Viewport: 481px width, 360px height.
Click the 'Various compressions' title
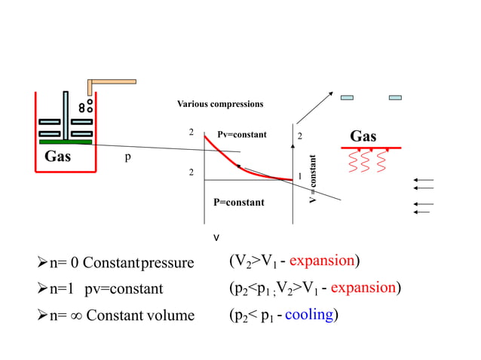pos(220,103)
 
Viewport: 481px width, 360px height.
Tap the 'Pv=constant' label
pos(241,135)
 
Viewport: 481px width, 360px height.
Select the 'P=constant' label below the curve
pos(239,202)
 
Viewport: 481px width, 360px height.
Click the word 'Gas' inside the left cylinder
pos(57,157)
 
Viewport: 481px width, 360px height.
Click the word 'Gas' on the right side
pos(363,136)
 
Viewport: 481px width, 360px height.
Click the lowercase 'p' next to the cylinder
pos(128,159)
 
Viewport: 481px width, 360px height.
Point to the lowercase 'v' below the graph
pos(217,238)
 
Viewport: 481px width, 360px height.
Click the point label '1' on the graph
pos(300,176)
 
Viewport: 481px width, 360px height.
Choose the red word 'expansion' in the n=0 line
pos(322,261)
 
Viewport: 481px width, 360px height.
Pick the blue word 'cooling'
pos(309,314)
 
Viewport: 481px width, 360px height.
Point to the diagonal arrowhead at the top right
pos(329,93)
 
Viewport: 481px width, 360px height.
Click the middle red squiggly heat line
pos(366,160)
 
